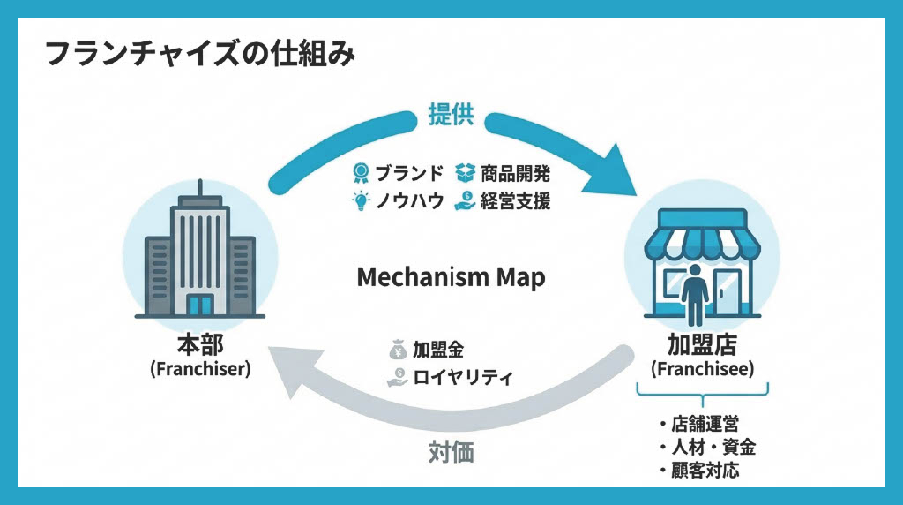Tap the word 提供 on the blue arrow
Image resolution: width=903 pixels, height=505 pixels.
coord(451,115)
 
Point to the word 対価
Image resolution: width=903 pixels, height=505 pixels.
coord(451,452)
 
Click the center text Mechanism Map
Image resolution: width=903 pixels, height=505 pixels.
coord(451,277)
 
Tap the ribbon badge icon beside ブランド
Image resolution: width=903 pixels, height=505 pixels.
coord(360,172)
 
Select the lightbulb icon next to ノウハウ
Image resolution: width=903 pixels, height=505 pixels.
coord(360,201)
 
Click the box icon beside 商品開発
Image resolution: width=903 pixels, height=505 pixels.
coord(465,172)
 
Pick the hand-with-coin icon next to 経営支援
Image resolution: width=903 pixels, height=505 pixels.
coord(465,201)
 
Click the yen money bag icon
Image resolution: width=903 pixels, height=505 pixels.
coord(397,349)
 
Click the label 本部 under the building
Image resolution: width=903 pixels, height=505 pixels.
coord(200,345)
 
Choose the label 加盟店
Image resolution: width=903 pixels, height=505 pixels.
coord(703,345)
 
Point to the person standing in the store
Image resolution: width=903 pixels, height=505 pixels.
coord(696,291)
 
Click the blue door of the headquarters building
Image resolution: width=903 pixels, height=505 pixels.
coord(200,305)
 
